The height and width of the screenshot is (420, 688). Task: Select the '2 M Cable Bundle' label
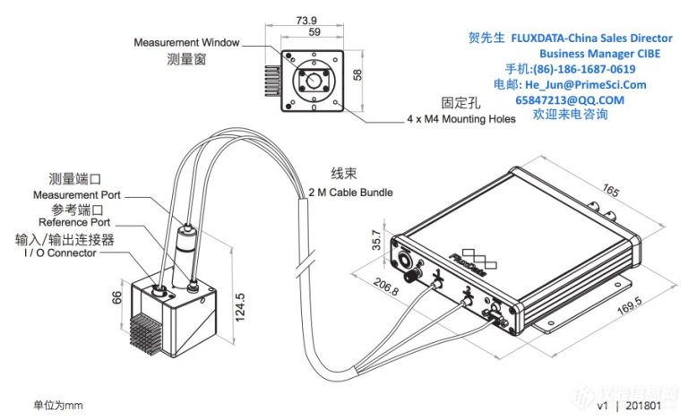coord(350,192)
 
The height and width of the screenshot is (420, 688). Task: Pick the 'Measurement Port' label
coord(77,194)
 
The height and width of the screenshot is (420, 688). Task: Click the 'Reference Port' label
coord(74,222)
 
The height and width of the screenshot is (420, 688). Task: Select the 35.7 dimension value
coord(377,243)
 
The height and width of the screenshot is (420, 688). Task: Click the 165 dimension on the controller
coord(611,192)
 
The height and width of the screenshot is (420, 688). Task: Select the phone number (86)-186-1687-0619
coord(583,69)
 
